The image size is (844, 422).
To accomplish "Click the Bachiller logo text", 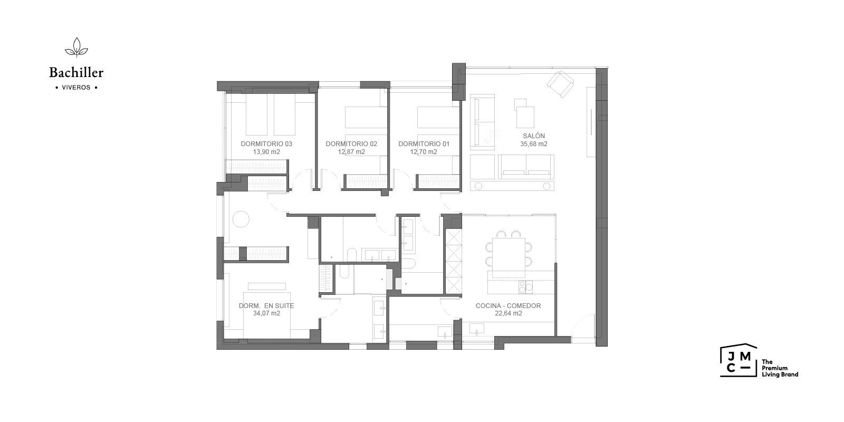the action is point(76,72).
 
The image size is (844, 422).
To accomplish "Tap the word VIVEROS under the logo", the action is point(76,88).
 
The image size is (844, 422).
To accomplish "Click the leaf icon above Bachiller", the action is point(76,47).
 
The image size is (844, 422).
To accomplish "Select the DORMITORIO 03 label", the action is point(266,144).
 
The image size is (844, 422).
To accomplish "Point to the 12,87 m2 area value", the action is point(351,152).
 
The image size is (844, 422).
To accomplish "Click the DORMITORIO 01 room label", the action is point(424,144).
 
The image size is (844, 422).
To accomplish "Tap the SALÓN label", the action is point(534,136).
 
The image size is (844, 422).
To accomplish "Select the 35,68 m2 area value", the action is point(534,144).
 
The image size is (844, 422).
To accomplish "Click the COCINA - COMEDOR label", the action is point(509,306).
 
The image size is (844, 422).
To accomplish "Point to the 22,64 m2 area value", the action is point(509,313).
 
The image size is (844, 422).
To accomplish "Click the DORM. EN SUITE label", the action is point(266,306).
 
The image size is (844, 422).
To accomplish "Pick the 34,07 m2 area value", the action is point(266,313).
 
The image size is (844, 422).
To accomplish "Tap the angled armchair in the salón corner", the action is point(560,84).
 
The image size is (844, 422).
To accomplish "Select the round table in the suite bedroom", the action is point(241,219).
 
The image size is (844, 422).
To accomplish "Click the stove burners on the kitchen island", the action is point(525,287).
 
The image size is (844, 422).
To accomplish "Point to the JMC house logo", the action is point(738,360).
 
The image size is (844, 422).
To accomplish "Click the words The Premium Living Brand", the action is point(780,368).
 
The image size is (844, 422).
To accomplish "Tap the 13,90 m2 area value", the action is point(266,152).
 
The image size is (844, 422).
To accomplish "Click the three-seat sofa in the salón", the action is point(526,167).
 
